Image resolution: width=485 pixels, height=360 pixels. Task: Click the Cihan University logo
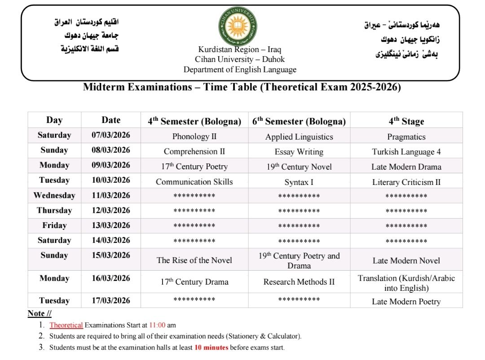coord(238,26)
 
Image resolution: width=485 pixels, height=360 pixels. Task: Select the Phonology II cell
coord(194,136)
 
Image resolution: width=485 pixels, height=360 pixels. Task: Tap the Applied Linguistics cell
coord(299,136)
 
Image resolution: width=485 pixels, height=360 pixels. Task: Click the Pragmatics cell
coord(406,136)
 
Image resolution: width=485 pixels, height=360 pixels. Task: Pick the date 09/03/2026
coord(111,165)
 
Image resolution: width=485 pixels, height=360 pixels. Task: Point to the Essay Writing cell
coord(299,152)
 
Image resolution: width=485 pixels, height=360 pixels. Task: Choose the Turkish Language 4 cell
coord(406,152)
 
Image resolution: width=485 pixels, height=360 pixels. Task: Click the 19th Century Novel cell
coord(299,167)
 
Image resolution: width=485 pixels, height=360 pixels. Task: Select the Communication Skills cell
coord(194,182)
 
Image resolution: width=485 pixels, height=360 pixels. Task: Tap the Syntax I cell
coord(299,182)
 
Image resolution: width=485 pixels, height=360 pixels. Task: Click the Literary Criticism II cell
coord(406,182)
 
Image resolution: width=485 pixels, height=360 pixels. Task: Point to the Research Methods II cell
coord(299,282)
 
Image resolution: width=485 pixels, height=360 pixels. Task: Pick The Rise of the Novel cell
coord(194,260)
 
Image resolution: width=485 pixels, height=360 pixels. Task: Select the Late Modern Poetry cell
coord(406,302)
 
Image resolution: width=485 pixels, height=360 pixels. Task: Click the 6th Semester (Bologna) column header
coord(299,121)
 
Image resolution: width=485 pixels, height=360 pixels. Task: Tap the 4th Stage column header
coord(406,121)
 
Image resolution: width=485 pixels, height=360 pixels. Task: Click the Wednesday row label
coord(54,195)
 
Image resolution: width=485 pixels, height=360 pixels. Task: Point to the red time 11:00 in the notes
coord(158,325)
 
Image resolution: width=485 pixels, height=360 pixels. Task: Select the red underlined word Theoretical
coord(66,325)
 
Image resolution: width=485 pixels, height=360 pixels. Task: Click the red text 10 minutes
coord(211,347)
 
